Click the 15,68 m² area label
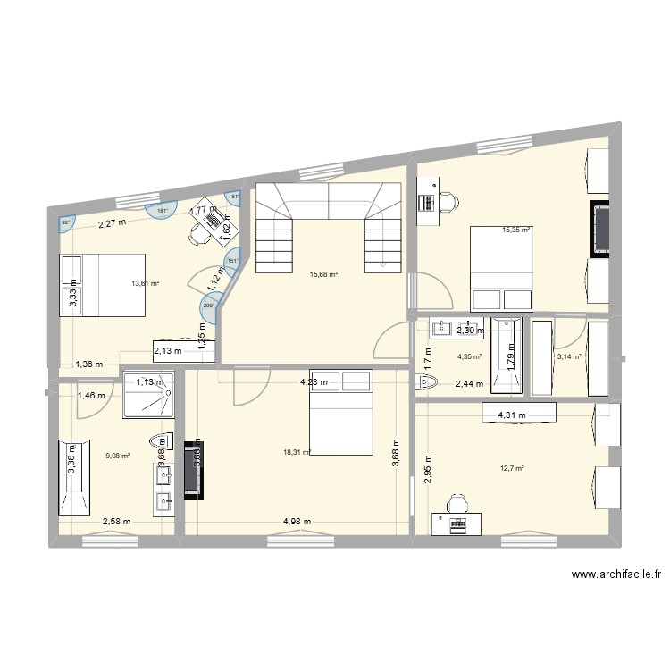[x=322, y=274]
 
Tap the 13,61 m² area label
[x=145, y=283]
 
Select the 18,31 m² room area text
[x=297, y=452]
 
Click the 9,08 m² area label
[x=118, y=456]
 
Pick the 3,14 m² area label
[x=569, y=357]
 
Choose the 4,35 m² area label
[x=469, y=357]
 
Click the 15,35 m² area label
[x=515, y=230]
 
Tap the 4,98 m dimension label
[x=298, y=522]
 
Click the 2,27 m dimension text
[x=112, y=224]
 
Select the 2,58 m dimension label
[x=117, y=522]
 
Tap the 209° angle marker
[x=209, y=306]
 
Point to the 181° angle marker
[x=163, y=211]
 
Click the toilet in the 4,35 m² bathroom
[x=427, y=383]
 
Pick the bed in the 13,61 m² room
[x=101, y=285]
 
